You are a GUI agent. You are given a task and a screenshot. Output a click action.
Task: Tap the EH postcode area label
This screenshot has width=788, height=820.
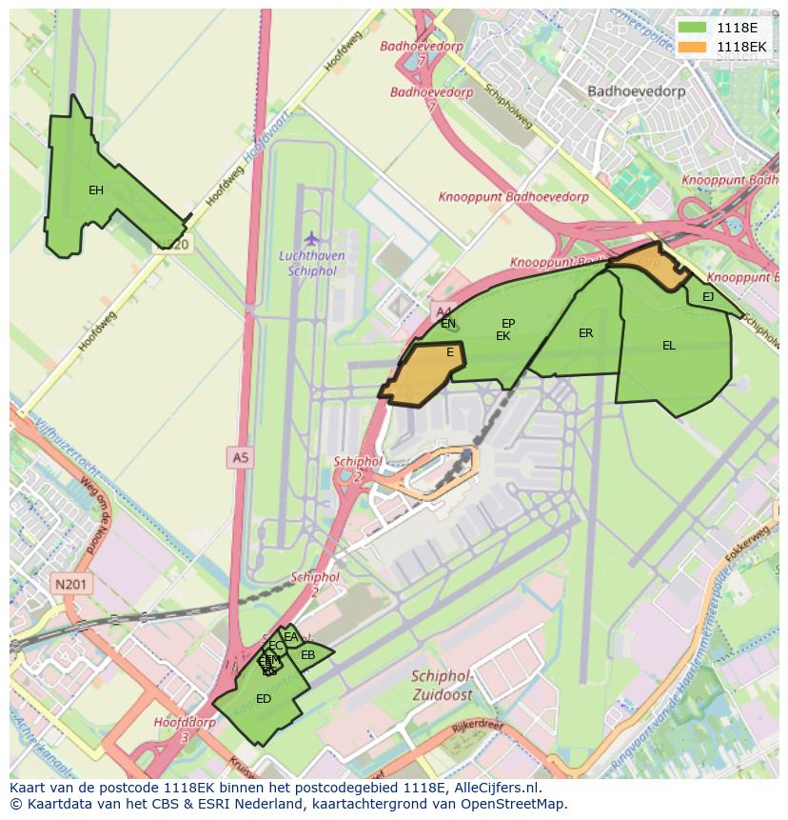coord(96,190)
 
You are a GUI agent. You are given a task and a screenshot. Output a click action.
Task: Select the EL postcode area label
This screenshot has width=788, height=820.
coord(669,346)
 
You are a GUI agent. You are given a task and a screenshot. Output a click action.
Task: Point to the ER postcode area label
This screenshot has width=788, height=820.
coord(585,333)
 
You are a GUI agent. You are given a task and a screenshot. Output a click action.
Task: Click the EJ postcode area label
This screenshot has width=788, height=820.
coord(708,297)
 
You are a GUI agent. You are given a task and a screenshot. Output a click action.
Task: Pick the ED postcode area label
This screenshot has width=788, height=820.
coord(264,699)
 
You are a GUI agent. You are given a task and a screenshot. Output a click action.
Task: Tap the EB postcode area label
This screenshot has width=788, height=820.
coord(307,655)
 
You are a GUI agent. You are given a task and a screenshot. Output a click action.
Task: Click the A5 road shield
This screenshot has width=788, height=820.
coord(240,458)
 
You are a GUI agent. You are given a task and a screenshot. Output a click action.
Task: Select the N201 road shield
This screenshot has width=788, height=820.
coord(70,585)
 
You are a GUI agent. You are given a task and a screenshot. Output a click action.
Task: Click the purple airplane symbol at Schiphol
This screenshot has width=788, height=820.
coord(312,237)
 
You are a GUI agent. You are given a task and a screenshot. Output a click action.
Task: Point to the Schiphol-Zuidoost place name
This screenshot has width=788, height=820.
coord(443,684)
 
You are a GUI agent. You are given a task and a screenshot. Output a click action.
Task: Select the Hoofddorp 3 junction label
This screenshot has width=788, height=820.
coord(185,729)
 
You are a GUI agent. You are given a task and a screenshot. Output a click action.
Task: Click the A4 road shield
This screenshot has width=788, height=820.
coord(443,311)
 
